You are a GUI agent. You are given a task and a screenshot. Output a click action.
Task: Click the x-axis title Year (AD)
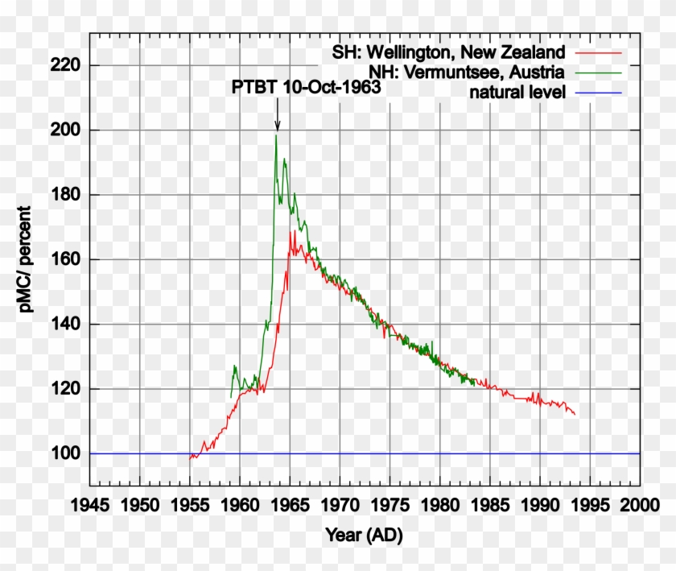(x=364, y=535)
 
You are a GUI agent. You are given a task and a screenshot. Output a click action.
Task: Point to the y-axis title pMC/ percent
(x=27, y=259)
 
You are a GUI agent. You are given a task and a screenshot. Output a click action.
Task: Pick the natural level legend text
(x=518, y=93)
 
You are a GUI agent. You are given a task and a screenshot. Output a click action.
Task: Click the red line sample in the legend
(x=599, y=52)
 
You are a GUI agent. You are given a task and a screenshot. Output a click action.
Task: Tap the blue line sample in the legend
(x=599, y=93)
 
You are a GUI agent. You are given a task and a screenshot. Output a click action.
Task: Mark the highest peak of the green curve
(x=276, y=134)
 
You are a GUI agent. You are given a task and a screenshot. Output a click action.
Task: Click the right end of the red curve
(x=575, y=414)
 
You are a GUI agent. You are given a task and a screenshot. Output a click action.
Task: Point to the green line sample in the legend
(x=599, y=72)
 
